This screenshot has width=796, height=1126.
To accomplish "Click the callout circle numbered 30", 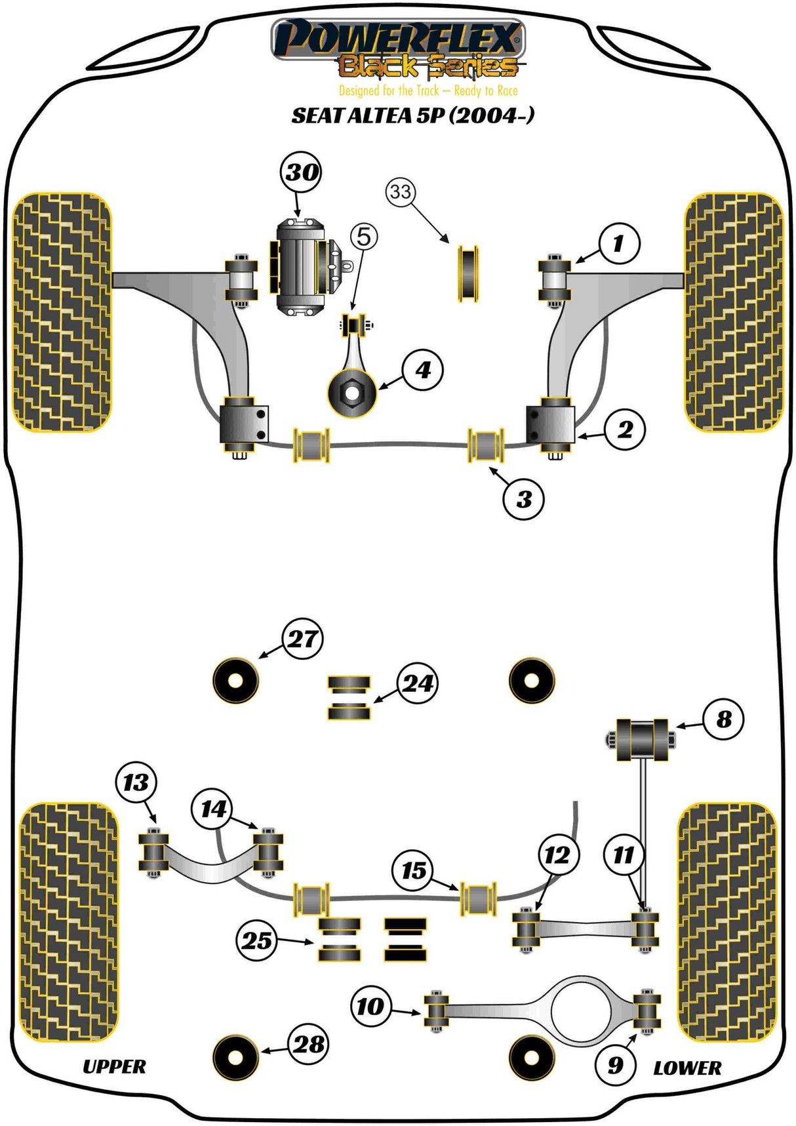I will [x=301, y=172].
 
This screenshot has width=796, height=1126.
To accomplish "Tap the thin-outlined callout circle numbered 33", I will [x=401, y=191].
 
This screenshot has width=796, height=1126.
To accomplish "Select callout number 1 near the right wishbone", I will [x=618, y=244].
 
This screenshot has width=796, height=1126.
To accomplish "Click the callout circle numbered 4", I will [x=423, y=370].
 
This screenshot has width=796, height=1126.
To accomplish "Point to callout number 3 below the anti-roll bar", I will [x=523, y=499].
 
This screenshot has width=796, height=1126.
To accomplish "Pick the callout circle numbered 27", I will [x=302, y=639].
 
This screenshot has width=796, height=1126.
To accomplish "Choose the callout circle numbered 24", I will [x=417, y=683].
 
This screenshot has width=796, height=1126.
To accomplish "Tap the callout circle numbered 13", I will [x=136, y=782].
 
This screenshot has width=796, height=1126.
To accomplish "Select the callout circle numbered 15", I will [x=413, y=870].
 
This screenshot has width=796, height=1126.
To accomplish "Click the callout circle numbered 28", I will [x=308, y=1043].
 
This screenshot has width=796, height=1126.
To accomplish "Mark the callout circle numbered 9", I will [x=615, y=1064].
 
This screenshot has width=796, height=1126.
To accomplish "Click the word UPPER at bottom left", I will [x=114, y=1067].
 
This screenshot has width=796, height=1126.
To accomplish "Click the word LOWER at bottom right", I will [x=687, y=1068].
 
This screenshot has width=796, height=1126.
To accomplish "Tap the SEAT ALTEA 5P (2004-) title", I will [x=412, y=115].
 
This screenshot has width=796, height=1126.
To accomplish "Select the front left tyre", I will [x=62, y=312].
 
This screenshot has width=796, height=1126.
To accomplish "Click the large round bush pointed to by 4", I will [x=352, y=393].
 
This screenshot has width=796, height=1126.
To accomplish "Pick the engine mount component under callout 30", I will [x=300, y=267].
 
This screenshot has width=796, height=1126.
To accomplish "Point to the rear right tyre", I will [x=726, y=921].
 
